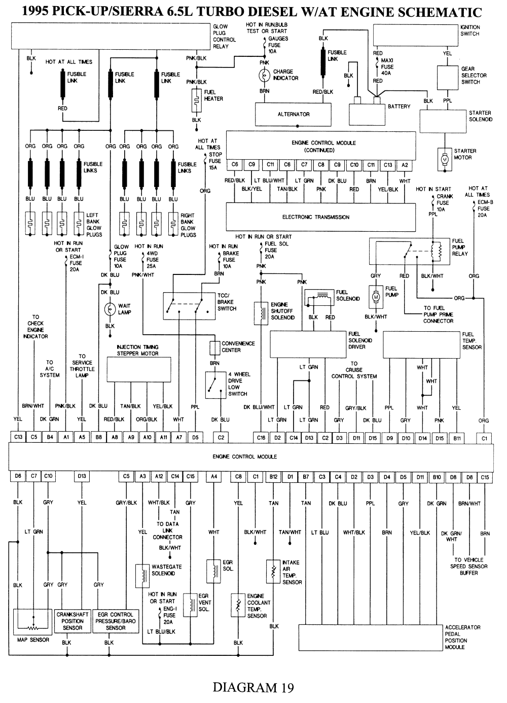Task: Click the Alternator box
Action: pos(293,115)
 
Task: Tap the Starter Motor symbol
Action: pos(445,159)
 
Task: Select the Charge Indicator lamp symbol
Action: pos(264,75)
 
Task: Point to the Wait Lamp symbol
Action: pos(110,309)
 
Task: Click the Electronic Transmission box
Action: pos(320,217)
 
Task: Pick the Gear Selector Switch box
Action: pos(448,78)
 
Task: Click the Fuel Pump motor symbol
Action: pos(376,297)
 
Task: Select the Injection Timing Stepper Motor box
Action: pos(139,369)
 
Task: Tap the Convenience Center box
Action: pos(215,348)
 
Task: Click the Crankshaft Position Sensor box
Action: pos(73,621)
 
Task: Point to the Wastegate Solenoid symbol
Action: pos(142,576)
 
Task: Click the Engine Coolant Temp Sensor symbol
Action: pos(238,606)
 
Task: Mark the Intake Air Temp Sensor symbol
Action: pos(273,572)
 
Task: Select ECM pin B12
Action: pos(273,476)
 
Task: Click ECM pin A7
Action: pos(179,437)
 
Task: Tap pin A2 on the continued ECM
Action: pos(405,165)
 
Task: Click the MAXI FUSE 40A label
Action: pos(387,67)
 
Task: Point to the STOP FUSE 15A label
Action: pos(215,161)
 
